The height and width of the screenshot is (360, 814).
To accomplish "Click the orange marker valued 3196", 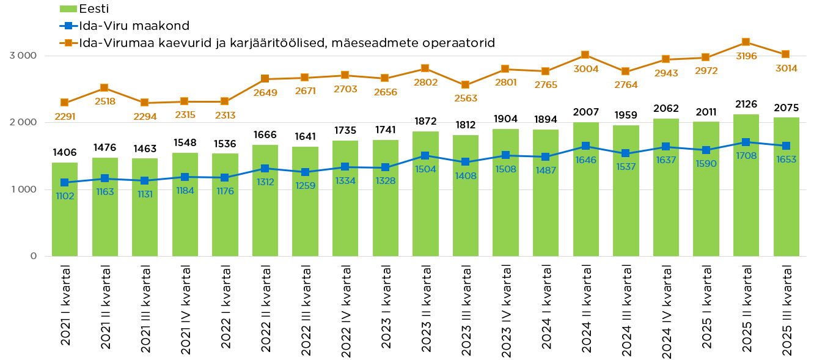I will [x=746, y=42].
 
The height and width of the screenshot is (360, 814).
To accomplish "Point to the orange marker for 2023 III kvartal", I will [x=465, y=85].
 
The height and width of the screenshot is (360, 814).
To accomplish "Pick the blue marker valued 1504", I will [x=425, y=156].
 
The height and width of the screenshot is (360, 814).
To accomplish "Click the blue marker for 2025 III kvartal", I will [x=786, y=145].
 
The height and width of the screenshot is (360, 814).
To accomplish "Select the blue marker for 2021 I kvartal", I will [x=65, y=182].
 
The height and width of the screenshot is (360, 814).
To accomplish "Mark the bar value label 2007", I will [x=585, y=112].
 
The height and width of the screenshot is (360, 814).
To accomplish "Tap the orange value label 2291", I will [x=65, y=116].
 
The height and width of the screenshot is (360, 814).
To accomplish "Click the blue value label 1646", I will [x=585, y=160].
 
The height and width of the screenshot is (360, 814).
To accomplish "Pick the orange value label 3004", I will [x=585, y=68].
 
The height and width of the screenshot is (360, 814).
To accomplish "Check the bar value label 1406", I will [x=65, y=153].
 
